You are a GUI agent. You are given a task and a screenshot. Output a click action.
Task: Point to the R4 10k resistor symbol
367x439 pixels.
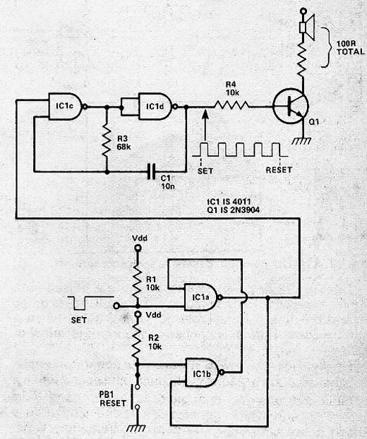point(231,106)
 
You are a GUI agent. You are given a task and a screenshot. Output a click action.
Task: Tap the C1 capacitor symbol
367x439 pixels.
point(152,172)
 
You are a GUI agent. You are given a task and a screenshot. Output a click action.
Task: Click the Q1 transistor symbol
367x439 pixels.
point(291,107)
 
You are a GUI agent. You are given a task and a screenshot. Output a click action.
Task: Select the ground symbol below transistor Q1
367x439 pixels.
point(301,141)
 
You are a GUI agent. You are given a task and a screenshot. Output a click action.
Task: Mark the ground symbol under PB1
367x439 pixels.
point(136,428)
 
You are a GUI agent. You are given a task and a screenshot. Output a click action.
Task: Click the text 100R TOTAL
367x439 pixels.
point(351,48)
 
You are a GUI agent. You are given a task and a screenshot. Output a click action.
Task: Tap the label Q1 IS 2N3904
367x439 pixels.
point(233,210)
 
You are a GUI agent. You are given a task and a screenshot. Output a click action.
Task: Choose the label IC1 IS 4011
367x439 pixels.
point(229,202)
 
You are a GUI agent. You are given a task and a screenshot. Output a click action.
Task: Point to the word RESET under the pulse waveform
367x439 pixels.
point(279,170)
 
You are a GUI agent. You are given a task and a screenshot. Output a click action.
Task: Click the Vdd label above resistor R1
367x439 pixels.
point(140,239)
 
